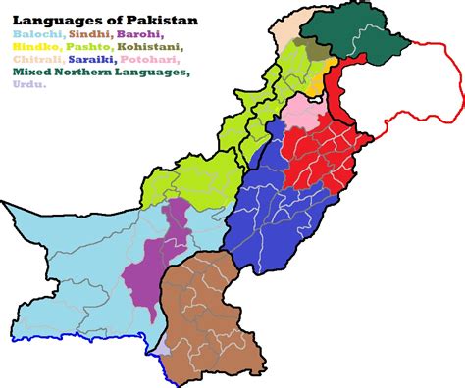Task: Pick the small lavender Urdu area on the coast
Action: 160,345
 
